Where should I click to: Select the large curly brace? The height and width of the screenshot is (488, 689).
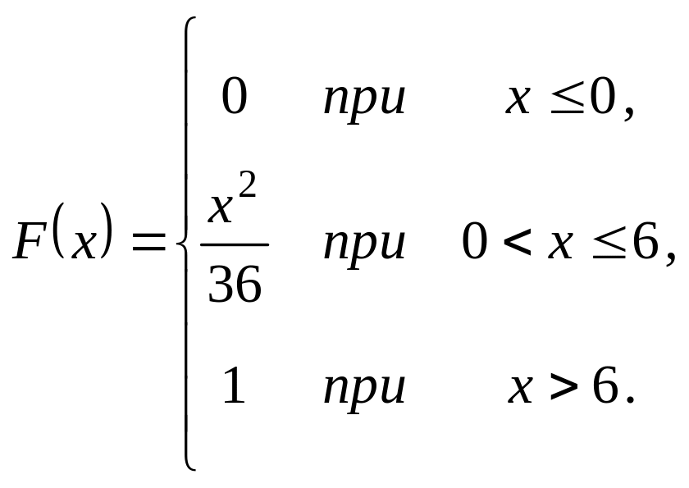pyautogui.click(x=185, y=244)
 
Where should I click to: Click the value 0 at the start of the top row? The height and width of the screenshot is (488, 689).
pyautogui.click(x=234, y=98)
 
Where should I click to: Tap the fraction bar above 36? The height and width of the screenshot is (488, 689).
pyautogui.click(x=235, y=244)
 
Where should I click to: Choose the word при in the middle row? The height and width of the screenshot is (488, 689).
pyautogui.click(x=364, y=245)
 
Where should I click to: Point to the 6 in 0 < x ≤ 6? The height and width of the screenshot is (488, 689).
pyautogui.click(x=644, y=243)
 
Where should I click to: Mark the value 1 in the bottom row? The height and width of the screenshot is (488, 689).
pyautogui.click(x=234, y=385)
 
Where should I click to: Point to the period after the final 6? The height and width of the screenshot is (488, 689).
pyautogui.click(x=630, y=401)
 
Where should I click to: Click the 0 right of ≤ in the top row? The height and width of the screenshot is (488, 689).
pyautogui.click(x=603, y=98)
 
